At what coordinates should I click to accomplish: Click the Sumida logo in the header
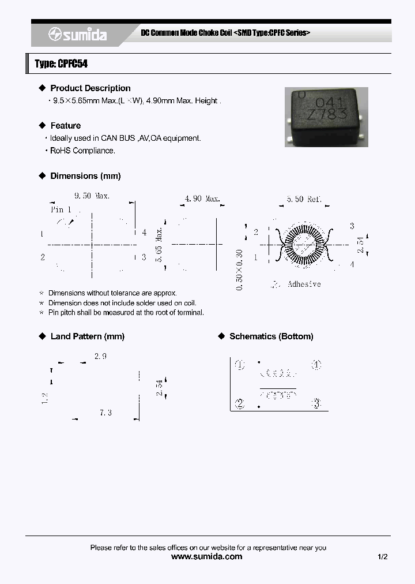(77, 35)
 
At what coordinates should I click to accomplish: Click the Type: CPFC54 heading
(61, 63)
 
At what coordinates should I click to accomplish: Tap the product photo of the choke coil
(326, 117)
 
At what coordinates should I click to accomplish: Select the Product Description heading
(90, 88)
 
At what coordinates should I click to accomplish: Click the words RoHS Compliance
(82, 151)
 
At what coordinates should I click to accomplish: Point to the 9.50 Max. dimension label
(92, 196)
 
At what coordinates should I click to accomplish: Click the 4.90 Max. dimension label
(202, 199)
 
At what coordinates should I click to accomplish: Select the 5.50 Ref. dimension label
(304, 199)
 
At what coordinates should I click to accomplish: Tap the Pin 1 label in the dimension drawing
(61, 209)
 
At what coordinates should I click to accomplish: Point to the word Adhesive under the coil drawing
(304, 284)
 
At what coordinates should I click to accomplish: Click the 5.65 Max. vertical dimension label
(159, 244)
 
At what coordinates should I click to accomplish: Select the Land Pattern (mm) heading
(87, 336)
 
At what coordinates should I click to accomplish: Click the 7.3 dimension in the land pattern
(105, 413)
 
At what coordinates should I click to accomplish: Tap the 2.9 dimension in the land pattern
(100, 357)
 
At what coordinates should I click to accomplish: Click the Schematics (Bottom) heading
(271, 336)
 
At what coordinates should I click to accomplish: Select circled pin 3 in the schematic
(316, 403)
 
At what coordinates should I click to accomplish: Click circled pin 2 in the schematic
(240, 403)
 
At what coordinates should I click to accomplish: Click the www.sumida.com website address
(207, 557)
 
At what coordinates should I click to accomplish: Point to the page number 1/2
(383, 557)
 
